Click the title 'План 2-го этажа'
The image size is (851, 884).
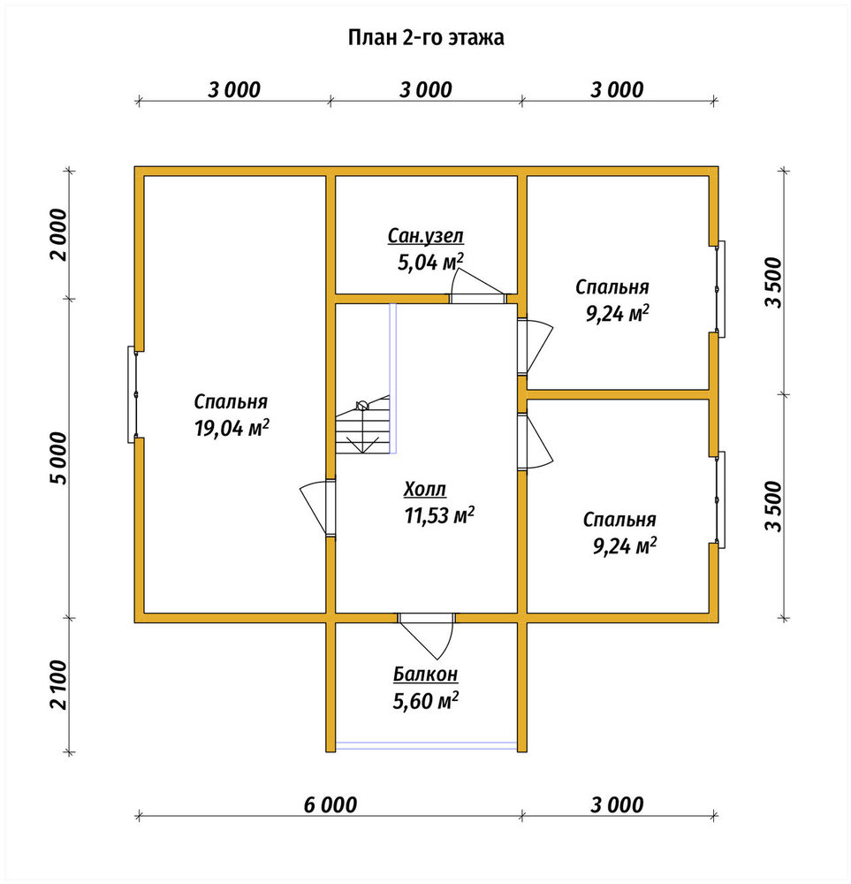(426, 38)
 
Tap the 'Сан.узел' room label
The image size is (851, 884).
(426, 236)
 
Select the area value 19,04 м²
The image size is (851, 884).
(231, 428)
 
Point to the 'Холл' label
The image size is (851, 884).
(425, 489)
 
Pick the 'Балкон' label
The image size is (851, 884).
(426, 674)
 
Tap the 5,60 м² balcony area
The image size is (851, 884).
(426, 701)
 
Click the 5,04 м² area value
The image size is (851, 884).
(431, 263)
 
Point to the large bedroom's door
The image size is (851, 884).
(318, 507)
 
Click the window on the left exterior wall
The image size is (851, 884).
(133, 394)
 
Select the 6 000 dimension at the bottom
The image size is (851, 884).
(331, 804)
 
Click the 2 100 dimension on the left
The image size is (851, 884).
(58, 685)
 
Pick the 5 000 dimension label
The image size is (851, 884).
(58, 458)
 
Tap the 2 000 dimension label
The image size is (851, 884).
(58, 234)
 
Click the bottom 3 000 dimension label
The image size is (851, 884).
(617, 804)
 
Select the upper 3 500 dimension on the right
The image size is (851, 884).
(774, 282)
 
